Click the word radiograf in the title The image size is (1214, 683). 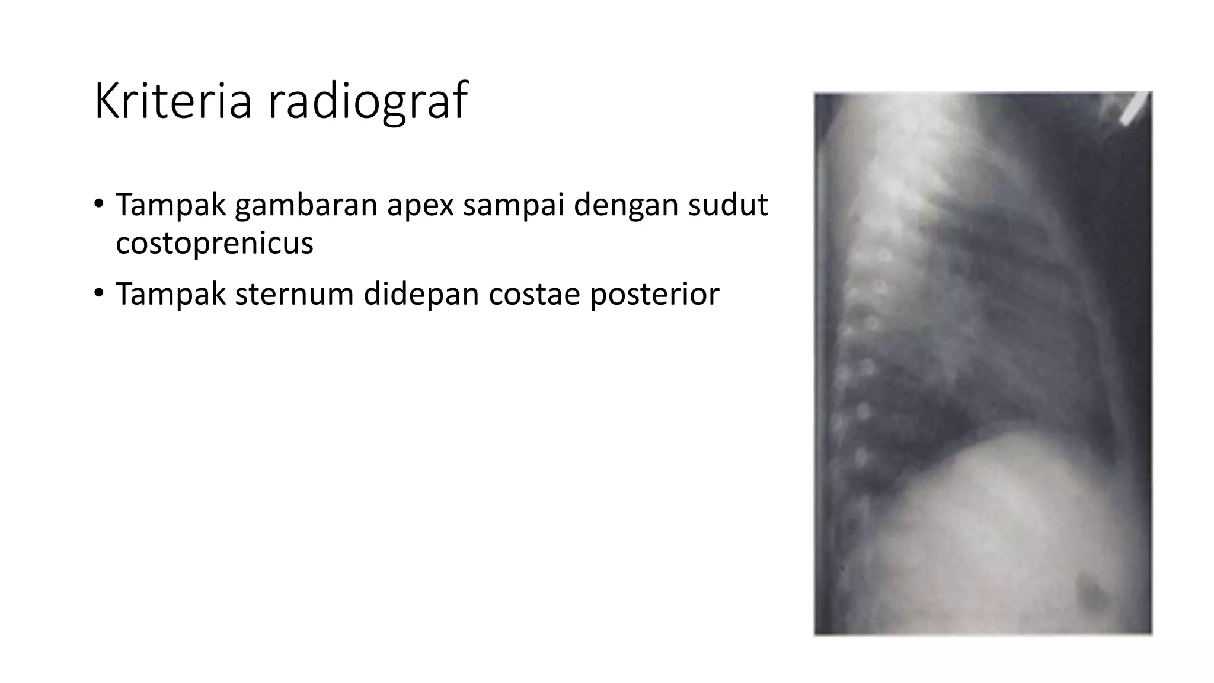pyautogui.click(x=368, y=101)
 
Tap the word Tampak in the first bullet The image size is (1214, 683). pyautogui.click(x=171, y=205)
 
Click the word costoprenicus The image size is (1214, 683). pyautogui.click(x=214, y=243)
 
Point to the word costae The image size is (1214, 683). pyautogui.click(x=533, y=294)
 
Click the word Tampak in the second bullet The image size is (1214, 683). pyautogui.click(x=171, y=294)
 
